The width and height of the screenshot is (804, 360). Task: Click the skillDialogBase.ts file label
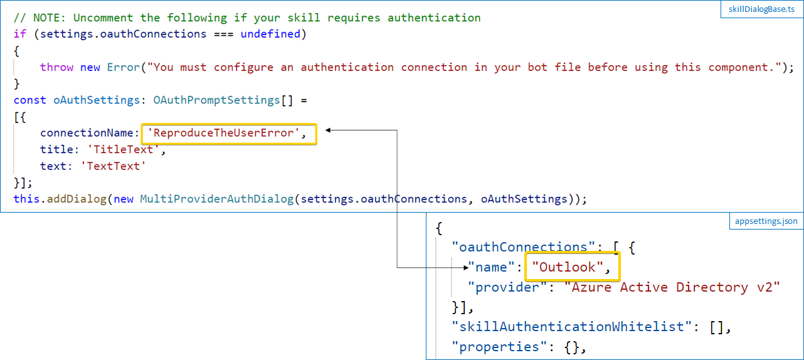pos(761,9)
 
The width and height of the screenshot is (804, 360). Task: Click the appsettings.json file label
pos(766,221)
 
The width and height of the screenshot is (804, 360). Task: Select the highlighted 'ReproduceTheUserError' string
pos(223,133)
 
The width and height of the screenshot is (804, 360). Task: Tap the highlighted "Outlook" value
pos(567,267)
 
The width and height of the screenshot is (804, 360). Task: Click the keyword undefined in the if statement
pos(270,34)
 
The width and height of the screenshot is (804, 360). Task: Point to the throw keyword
pos(56,67)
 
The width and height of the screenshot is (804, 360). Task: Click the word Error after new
pos(123,67)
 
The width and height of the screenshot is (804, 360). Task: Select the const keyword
pos(30,100)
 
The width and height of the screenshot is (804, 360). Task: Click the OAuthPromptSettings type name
pos(216,100)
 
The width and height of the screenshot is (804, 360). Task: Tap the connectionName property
pos(87,133)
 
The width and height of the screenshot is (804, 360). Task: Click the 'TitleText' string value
pos(123,149)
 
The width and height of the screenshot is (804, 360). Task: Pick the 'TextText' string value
pos(113,166)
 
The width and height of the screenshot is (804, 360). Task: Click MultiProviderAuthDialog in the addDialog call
pos(217,199)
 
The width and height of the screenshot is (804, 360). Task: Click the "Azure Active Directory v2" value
pos(672,287)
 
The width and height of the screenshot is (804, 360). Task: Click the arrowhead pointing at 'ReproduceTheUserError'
pos(328,130)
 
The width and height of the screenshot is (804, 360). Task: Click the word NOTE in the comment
pos(50,18)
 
